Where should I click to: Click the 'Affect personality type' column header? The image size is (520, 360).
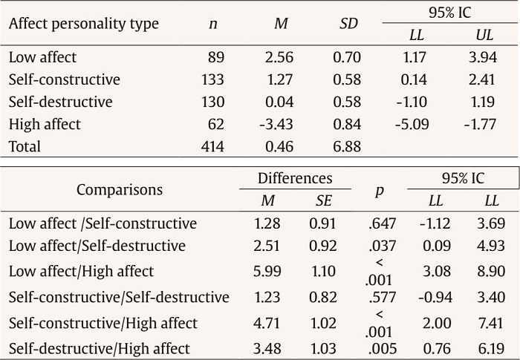[x=83, y=24]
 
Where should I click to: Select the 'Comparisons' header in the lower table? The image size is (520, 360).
[x=119, y=189]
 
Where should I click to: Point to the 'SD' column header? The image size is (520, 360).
[x=348, y=24]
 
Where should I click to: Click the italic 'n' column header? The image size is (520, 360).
[x=213, y=24]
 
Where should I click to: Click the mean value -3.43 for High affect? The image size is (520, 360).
[x=276, y=124]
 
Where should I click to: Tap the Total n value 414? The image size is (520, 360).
[x=214, y=146]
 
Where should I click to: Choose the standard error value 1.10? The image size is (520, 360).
[x=323, y=272]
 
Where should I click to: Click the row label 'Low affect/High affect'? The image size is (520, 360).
[x=82, y=272]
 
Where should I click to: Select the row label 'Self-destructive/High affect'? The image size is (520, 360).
[x=100, y=347]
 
